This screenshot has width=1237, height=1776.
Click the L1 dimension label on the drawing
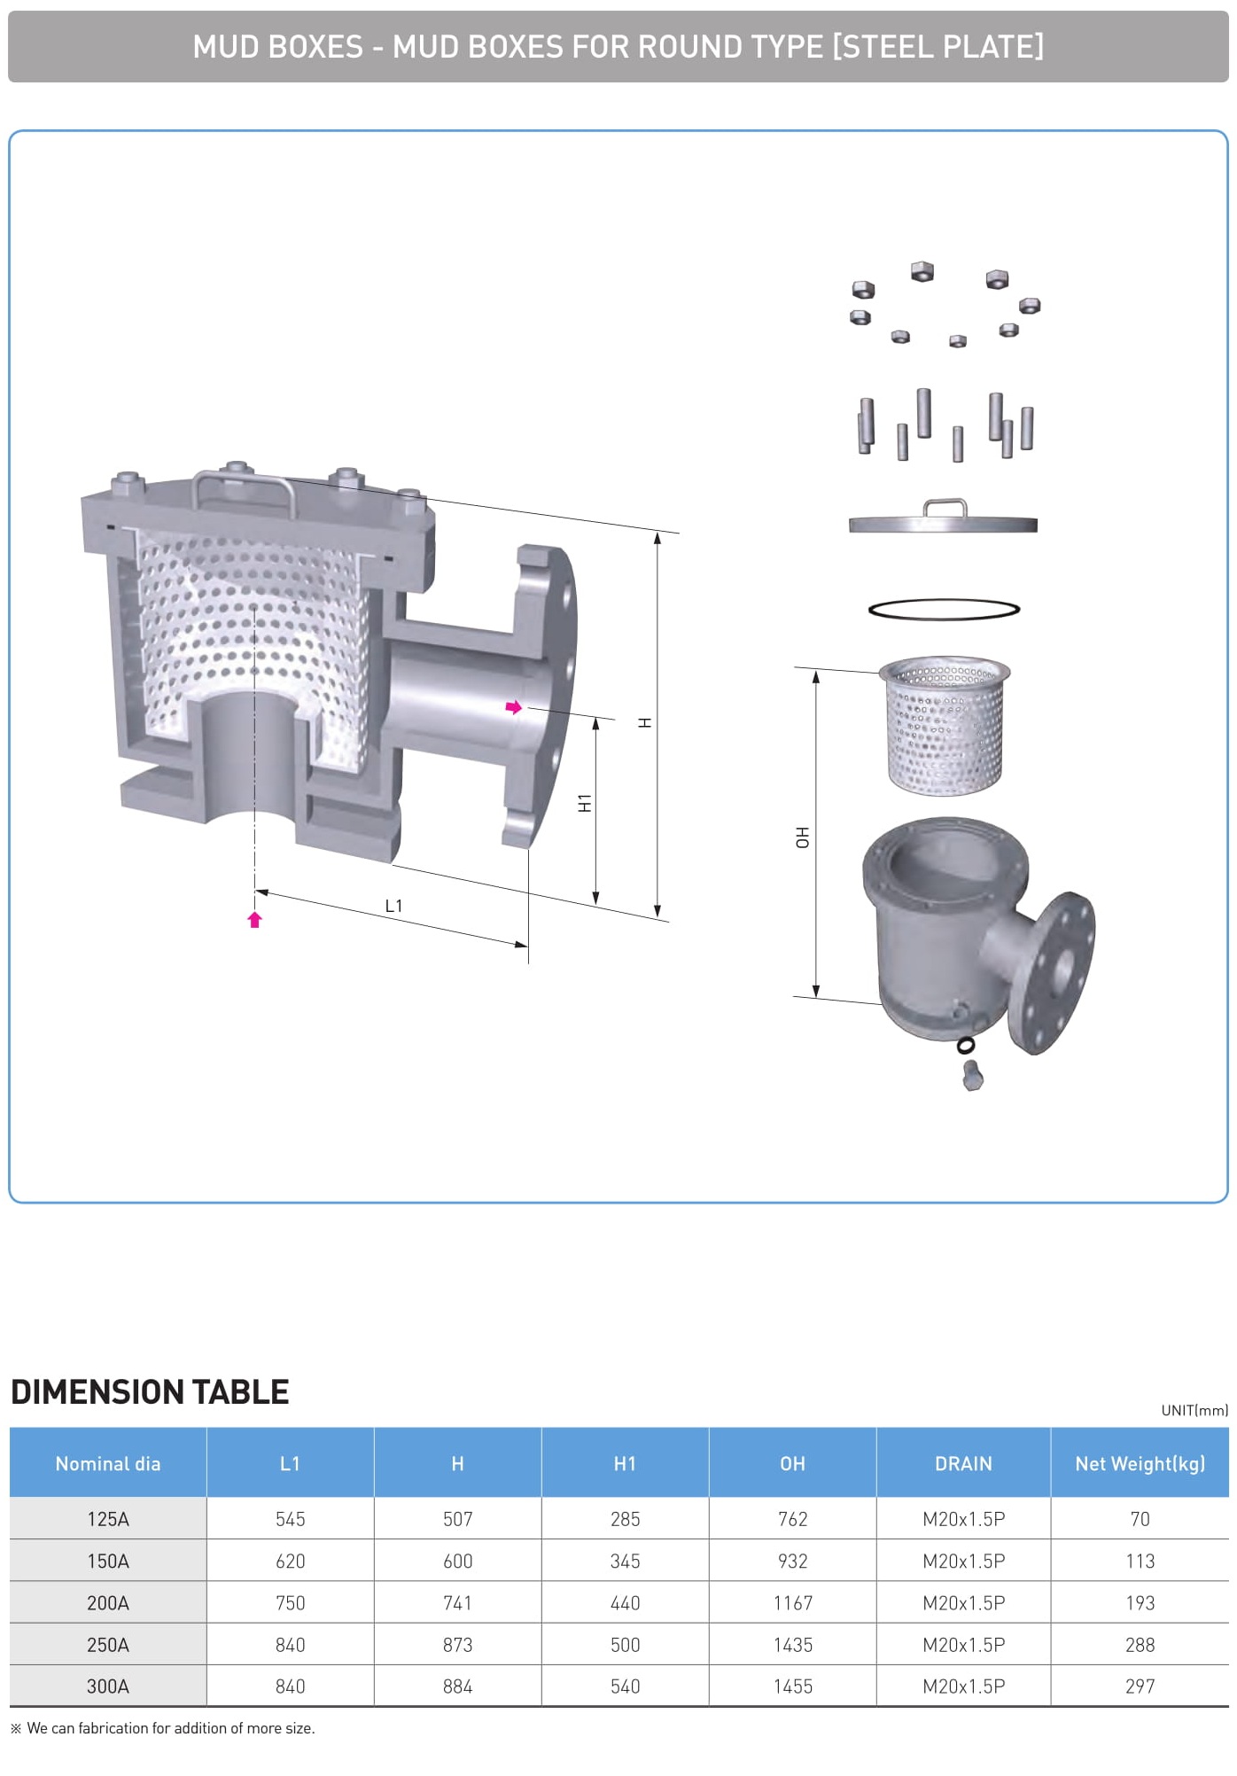pos(393,906)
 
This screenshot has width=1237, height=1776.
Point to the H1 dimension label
pos(585,803)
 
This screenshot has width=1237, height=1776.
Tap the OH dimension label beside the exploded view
pos(802,837)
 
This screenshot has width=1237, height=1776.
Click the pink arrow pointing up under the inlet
pos(255,920)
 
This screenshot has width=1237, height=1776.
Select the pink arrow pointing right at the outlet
pos(514,707)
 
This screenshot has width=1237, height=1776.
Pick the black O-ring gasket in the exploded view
pos(944,609)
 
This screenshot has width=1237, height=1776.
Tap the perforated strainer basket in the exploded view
pos(945,724)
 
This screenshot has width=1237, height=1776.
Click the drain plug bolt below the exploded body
pos(972,1075)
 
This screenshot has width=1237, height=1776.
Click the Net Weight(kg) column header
pos(1140,1464)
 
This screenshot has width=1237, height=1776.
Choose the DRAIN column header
pos(963,1464)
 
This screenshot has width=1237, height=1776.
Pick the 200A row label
pos(108,1603)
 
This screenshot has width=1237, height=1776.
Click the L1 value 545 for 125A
pos(290,1519)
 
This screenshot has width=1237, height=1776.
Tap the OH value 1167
pos(793,1603)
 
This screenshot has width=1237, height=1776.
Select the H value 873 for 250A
pos(457,1645)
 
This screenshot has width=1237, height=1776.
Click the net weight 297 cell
pos(1140,1686)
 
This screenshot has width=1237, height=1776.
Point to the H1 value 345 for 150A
pos(625,1562)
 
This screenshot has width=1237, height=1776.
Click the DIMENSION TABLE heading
pos(150,1392)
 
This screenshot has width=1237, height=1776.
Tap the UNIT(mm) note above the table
pos(1194,1410)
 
